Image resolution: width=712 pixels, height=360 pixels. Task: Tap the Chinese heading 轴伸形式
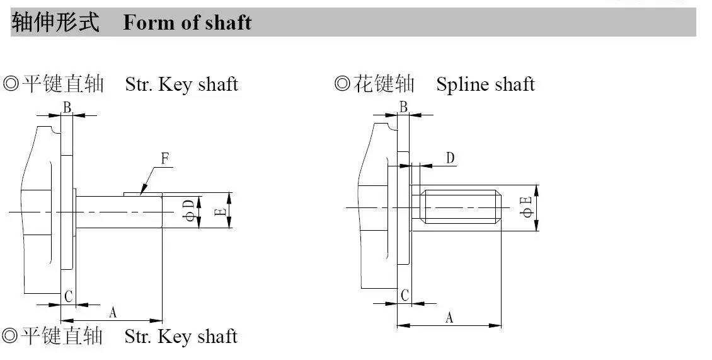(55, 23)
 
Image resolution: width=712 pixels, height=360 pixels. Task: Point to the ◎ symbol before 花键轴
(342, 84)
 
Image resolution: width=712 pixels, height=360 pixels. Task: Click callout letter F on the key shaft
(165, 158)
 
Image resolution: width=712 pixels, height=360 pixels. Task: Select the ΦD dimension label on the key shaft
(188, 211)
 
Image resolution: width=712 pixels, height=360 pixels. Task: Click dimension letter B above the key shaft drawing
(67, 108)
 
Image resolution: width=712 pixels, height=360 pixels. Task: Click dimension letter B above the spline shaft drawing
(403, 107)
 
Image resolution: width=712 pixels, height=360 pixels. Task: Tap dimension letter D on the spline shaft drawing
(451, 158)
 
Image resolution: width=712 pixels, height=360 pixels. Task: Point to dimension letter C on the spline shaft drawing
(405, 295)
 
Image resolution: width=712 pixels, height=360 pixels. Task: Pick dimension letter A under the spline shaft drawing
(449, 318)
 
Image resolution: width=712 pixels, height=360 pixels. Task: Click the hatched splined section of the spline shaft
(461, 207)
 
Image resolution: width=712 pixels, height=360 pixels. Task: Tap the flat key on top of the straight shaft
(143, 194)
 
